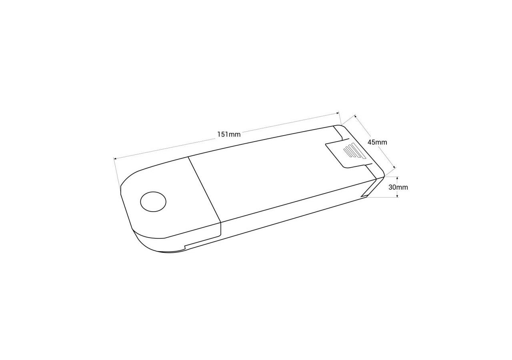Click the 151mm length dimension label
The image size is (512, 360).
229,134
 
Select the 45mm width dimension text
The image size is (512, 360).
377,142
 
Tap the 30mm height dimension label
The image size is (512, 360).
398,188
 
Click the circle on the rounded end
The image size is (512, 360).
153,202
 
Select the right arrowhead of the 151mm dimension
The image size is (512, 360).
337,113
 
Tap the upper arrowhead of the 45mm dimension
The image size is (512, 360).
356,116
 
